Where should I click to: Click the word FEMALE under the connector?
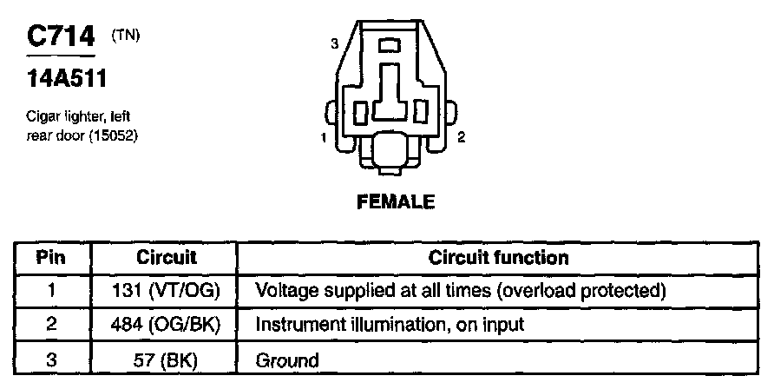click(x=396, y=202)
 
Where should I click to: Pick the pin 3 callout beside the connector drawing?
click(x=334, y=43)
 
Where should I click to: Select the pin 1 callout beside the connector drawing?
click(x=323, y=137)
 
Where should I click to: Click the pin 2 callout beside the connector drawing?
click(x=462, y=137)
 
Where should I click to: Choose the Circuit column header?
click(x=167, y=258)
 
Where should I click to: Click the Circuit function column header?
click(x=499, y=258)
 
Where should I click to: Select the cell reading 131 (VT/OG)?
click(x=167, y=289)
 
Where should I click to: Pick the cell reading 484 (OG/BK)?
click(x=167, y=325)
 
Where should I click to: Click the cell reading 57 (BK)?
click(x=167, y=359)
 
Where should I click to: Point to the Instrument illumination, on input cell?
click(x=390, y=325)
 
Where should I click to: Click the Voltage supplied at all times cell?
click(x=460, y=289)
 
